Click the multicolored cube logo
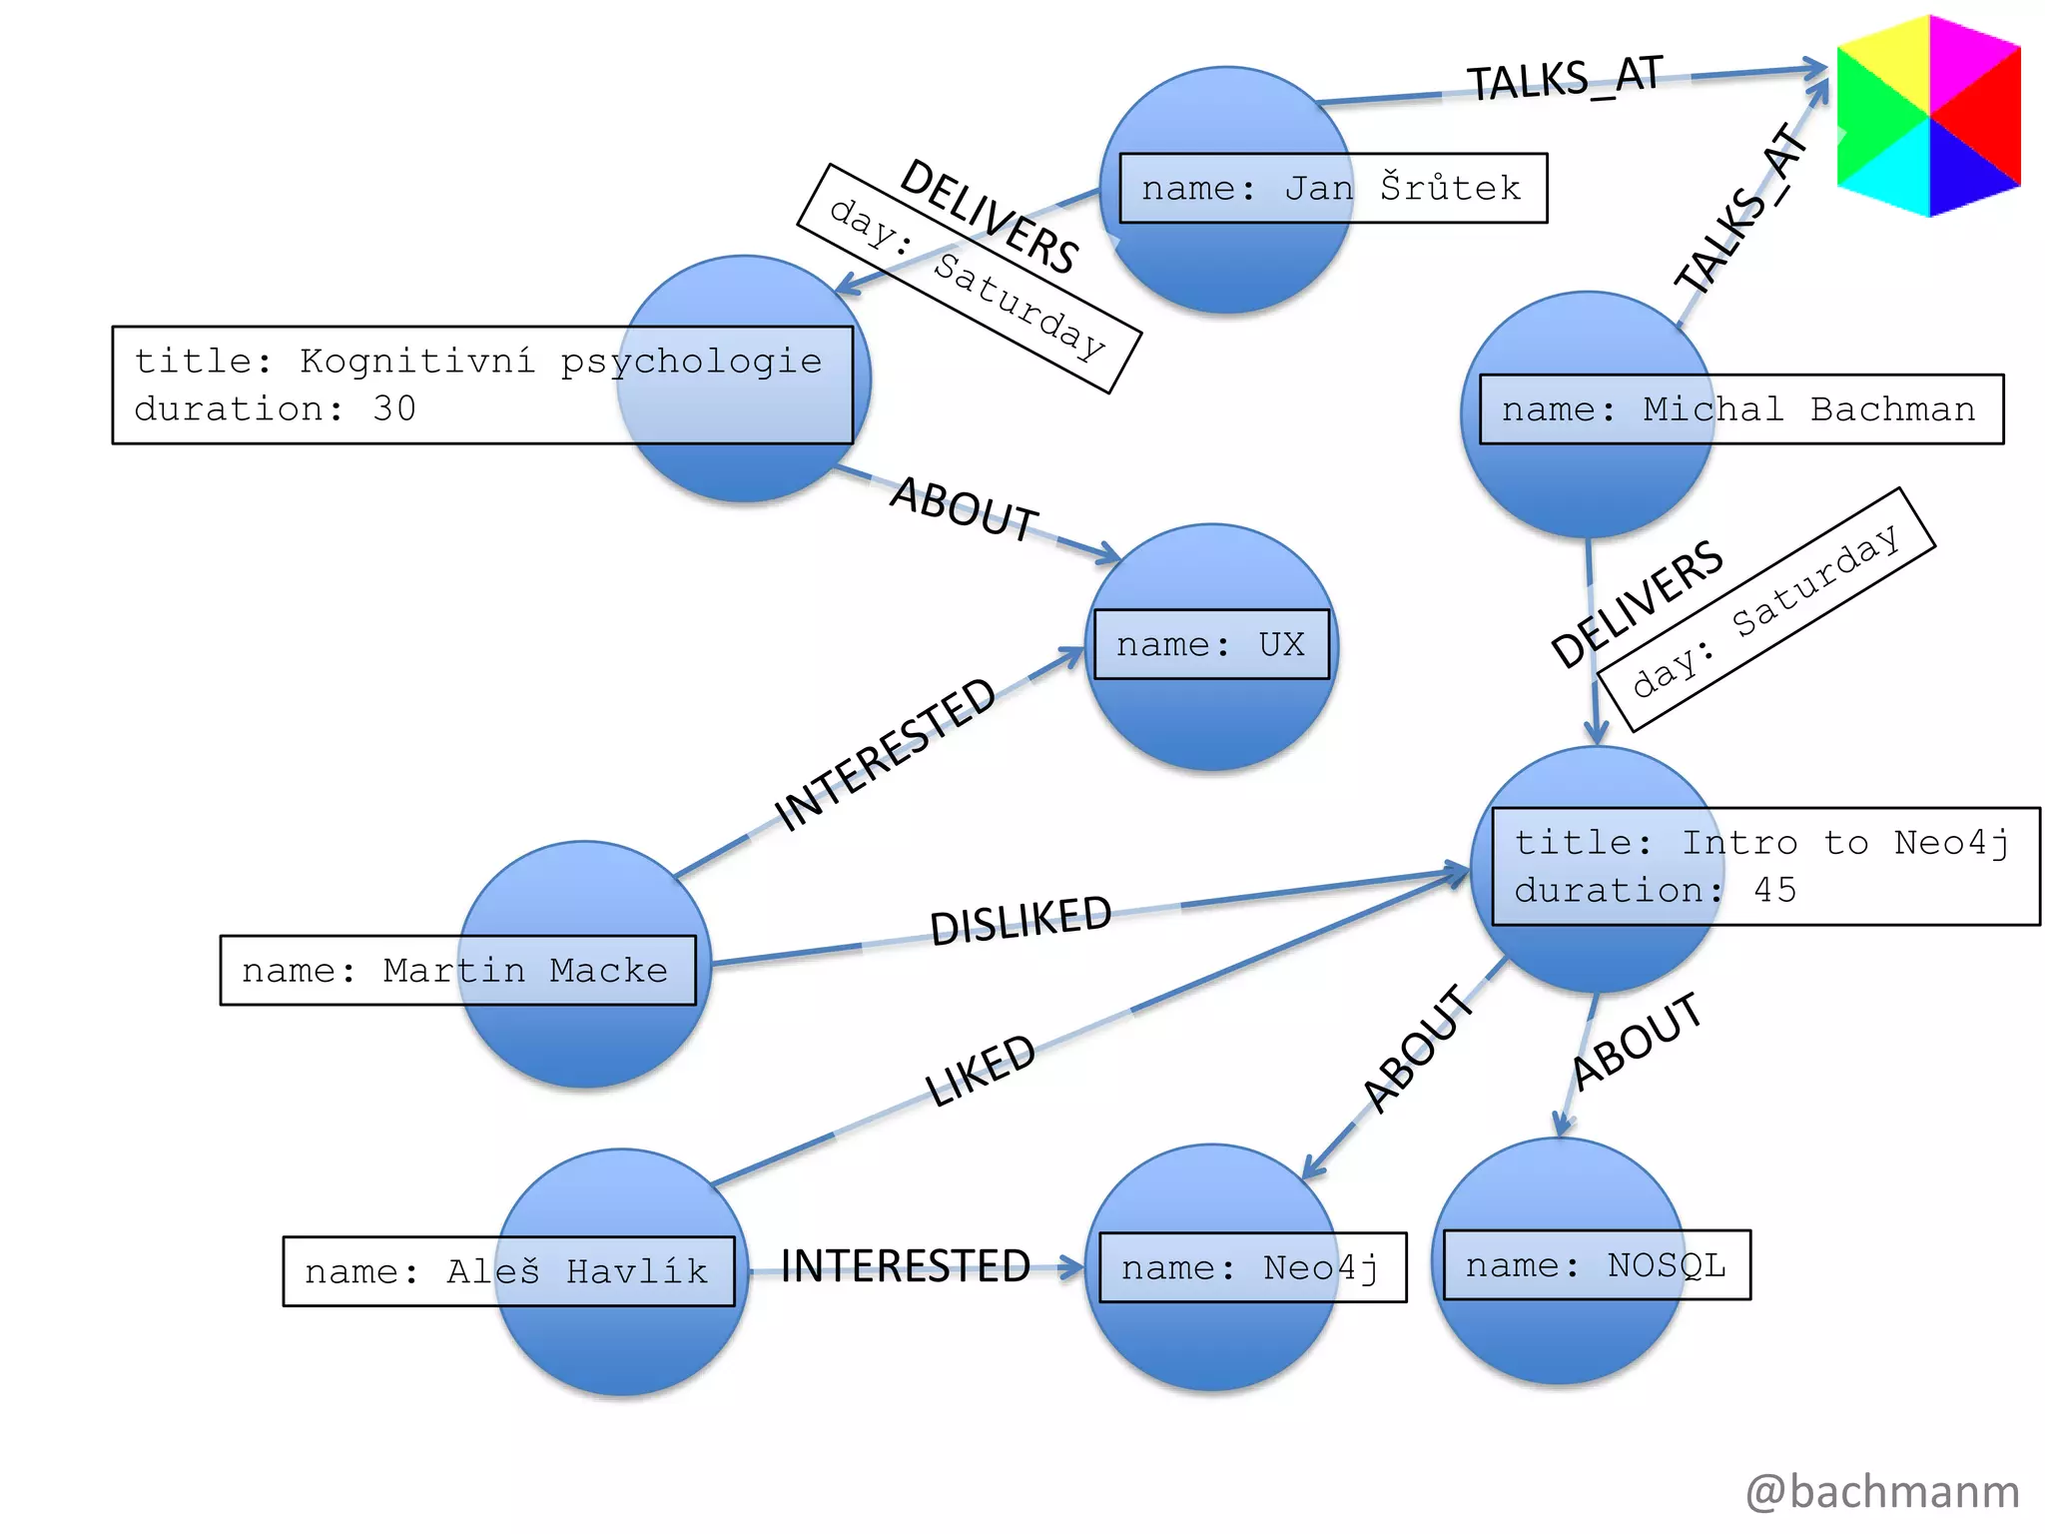(1928, 116)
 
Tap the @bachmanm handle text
(1882, 1491)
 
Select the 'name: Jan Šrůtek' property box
(1332, 188)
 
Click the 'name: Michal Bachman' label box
(1740, 408)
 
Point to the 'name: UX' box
(1211, 644)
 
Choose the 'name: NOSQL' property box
(1596, 1264)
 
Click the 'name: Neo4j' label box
(1252, 1267)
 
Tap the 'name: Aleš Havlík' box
(507, 1270)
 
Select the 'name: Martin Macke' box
(457, 970)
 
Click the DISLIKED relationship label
(1021, 920)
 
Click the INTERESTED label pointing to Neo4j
(905, 1266)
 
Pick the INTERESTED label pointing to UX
(885, 754)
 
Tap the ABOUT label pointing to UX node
(965, 508)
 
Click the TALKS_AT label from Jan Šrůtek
(1564, 78)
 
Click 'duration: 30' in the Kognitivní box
(275, 408)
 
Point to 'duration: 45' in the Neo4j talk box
(1655, 890)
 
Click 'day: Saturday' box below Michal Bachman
(1765, 609)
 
